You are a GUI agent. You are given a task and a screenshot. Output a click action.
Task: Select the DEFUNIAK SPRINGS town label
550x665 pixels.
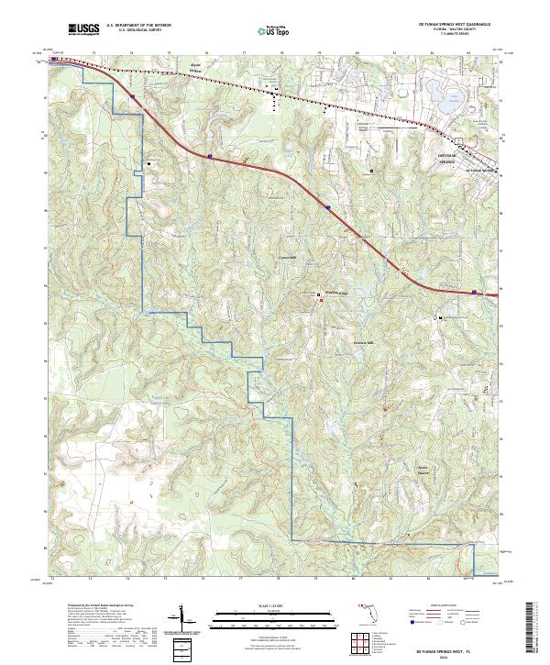click(447, 159)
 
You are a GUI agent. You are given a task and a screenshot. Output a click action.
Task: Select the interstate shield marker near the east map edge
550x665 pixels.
click(474, 293)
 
